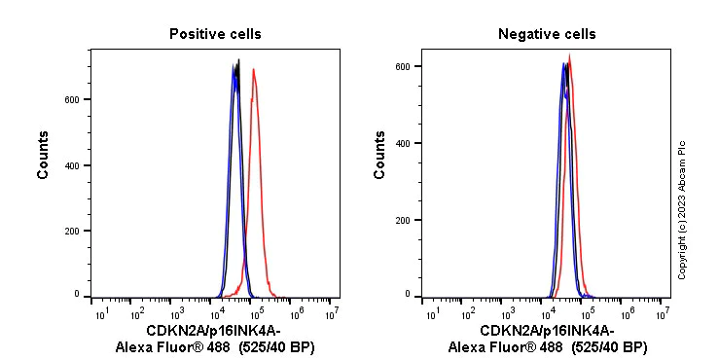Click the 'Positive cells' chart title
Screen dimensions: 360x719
point(215,34)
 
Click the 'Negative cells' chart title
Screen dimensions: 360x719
point(547,34)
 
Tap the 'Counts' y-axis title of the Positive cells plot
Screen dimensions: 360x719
point(44,155)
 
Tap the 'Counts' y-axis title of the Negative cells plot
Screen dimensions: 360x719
point(379,155)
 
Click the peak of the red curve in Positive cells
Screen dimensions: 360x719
point(254,69)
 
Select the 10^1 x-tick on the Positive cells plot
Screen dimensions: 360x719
point(100,314)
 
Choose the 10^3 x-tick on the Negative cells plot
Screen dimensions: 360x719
point(509,314)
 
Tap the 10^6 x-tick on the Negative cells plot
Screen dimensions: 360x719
point(627,314)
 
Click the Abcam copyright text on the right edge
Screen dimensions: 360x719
point(682,209)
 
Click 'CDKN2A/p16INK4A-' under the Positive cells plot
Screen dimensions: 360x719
point(215,331)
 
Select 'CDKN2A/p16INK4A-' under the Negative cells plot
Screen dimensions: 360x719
point(547,331)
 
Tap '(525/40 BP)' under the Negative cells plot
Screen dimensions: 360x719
point(608,346)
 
